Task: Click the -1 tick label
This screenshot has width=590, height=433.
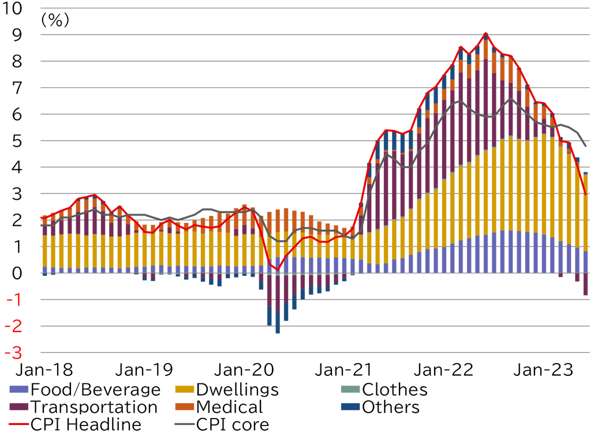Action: click(x=14, y=300)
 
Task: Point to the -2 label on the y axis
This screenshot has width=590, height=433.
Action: click(x=13, y=327)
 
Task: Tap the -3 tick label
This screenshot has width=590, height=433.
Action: click(x=13, y=353)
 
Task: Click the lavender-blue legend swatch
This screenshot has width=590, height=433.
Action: click(x=18, y=389)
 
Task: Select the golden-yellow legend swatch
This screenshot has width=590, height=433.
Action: click(x=185, y=389)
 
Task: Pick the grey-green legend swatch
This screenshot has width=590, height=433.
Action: click(x=350, y=389)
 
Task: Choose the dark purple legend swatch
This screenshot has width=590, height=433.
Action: click(x=18, y=406)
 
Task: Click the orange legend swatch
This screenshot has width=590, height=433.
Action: click(x=185, y=406)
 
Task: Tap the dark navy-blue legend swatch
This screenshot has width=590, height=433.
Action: click(x=350, y=406)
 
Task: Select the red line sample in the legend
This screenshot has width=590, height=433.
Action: click(x=18, y=424)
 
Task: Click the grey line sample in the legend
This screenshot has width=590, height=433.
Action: click(x=185, y=424)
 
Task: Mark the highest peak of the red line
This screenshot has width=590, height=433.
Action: click(x=486, y=32)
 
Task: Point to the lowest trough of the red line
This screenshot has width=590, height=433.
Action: click(x=277, y=270)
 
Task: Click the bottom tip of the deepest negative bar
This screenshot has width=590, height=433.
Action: click(x=278, y=334)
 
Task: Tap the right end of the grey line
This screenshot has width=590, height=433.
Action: click(x=587, y=146)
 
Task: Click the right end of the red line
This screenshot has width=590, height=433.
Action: click(x=587, y=195)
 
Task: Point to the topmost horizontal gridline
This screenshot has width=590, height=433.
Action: click(x=314, y=8)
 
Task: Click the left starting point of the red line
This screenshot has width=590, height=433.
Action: click(x=40, y=218)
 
